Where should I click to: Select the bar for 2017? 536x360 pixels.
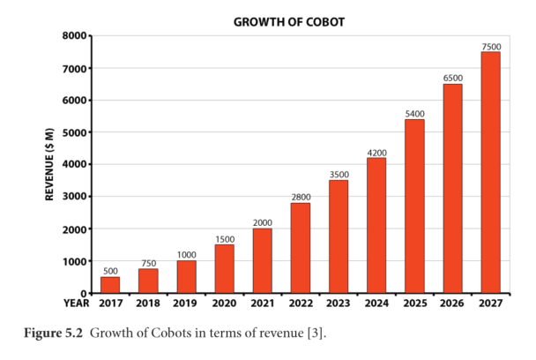tap(110, 284)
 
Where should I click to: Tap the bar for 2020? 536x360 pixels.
tap(224, 268)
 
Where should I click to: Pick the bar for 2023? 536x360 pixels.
tap(339, 236)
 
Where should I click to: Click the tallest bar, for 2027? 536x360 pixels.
tap(491, 172)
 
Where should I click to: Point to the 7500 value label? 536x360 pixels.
tap(491, 45)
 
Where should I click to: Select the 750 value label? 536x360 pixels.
tap(148, 262)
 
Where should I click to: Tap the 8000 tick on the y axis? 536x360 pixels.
tap(74, 36)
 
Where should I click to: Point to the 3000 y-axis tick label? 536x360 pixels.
tap(74, 197)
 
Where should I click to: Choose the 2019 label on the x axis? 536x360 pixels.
tap(186, 304)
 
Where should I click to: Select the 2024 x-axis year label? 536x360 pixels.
tap(376, 304)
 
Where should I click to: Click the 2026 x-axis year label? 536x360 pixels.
tap(452, 304)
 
